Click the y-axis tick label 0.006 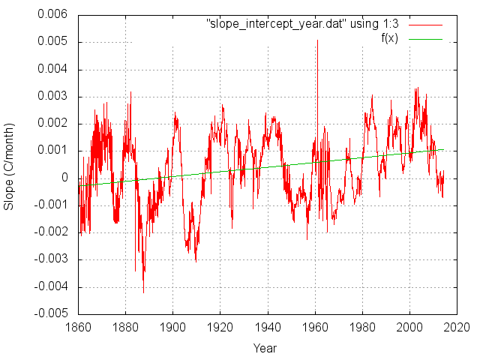pyautogui.click(x=53, y=15)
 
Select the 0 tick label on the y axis pyautogui.click(x=65, y=178)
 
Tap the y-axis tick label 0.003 pyautogui.click(x=53, y=97)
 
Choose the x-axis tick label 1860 pyautogui.click(x=78, y=328)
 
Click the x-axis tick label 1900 pyautogui.click(x=172, y=328)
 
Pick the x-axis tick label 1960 pyautogui.click(x=315, y=328)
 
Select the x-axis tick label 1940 pyautogui.click(x=268, y=328)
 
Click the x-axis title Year pyautogui.click(x=265, y=348)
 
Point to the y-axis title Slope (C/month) pyautogui.click(x=10, y=163)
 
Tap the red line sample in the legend pyautogui.click(x=425, y=24)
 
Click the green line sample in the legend pyautogui.click(x=425, y=37)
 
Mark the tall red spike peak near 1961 pyautogui.click(x=317, y=40)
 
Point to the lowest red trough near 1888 pyautogui.click(x=143, y=292)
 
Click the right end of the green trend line pyautogui.click(x=443, y=149)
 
